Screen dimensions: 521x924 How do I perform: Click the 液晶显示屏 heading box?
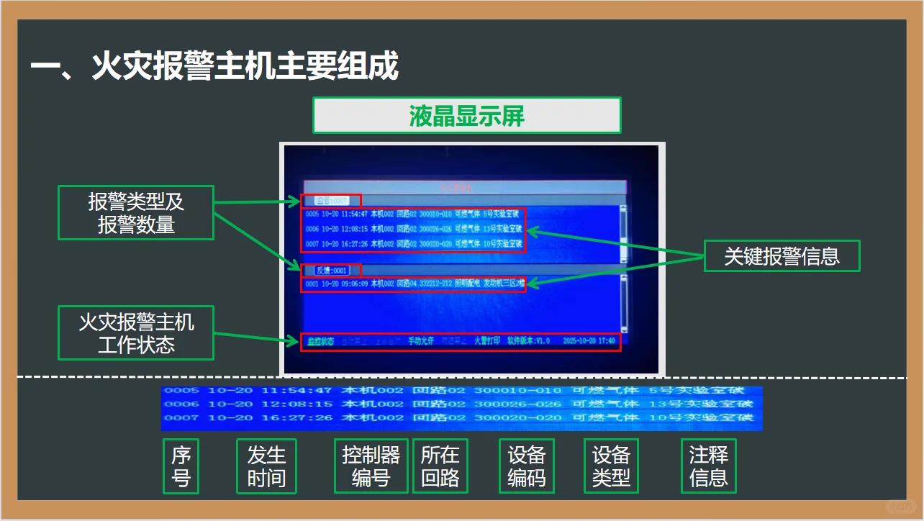[x=466, y=116]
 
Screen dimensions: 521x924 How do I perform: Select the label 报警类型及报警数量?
[x=136, y=213]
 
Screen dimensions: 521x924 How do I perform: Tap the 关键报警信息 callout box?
[x=782, y=255]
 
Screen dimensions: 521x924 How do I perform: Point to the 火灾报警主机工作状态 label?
[x=136, y=332]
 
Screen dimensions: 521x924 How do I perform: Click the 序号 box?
[x=181, y=466]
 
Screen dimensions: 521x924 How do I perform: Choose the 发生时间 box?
[x=266, y=466]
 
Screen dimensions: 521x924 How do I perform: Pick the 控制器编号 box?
[x=371, y=466]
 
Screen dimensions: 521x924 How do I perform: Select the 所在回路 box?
[x=440, y=466]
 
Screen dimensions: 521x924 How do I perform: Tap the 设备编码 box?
[x=526, y=466]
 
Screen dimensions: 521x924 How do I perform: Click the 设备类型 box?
[x=610, y=466]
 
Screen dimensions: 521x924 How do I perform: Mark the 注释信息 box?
[x=708, y=466]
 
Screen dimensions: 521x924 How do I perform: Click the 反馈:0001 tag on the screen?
[x=332, y=271]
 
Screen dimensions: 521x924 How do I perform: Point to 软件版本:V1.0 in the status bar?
[x=528, y=340]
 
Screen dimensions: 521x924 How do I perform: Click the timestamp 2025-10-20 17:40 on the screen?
[x=589, y=340]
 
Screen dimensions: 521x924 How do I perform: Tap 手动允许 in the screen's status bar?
[x=421, y=340]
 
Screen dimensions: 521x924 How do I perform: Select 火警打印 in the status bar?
[x=486, y=340]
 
